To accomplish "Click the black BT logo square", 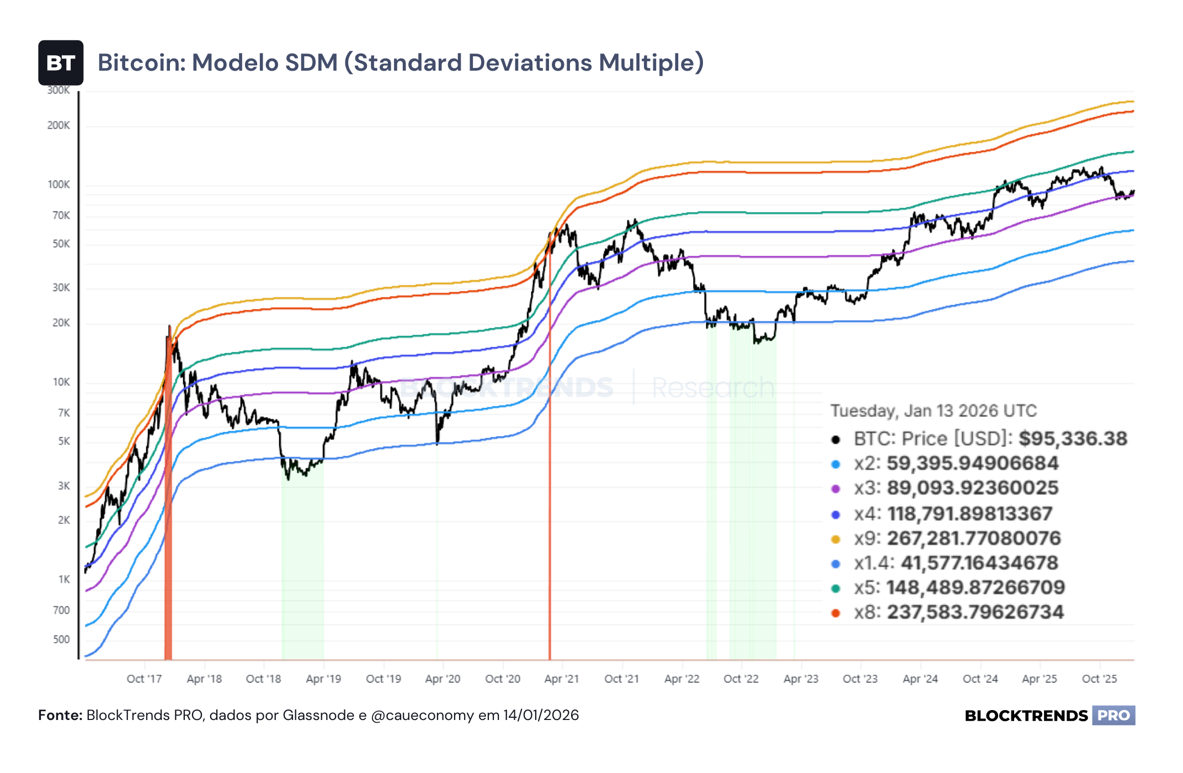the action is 61,63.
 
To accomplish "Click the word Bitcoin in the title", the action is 141,62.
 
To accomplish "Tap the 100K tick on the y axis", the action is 59,184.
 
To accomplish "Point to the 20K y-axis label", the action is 61,322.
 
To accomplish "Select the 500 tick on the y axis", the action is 62,639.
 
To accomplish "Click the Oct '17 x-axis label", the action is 145,679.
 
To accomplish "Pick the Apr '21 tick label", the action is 562,679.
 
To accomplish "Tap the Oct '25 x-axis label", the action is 1100,679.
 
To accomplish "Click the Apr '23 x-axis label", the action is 801,679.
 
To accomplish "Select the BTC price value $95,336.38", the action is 1073,438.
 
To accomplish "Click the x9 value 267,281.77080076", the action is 974,538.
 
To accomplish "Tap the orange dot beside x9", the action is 836,539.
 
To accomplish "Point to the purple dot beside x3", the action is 836,489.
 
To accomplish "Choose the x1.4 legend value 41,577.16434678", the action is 979,563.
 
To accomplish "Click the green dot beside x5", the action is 836,589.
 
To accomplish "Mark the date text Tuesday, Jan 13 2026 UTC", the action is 934,411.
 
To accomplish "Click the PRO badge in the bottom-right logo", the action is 1113,715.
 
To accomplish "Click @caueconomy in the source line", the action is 422,715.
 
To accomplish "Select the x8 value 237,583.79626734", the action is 975,612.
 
